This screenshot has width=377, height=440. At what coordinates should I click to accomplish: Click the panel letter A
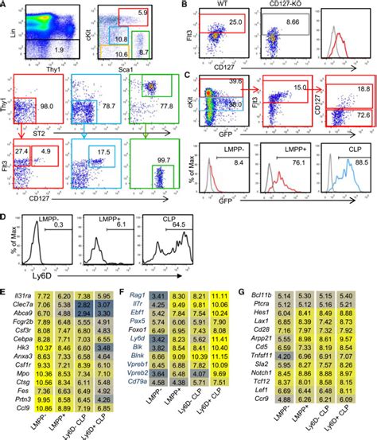coord(6,6)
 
